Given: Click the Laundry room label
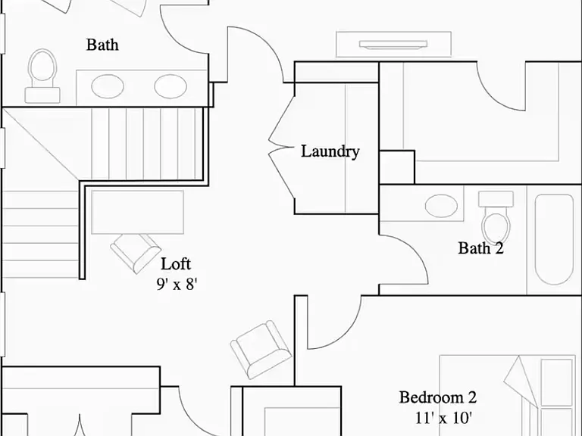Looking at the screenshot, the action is [x=330, y=151].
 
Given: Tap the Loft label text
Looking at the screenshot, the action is [x=176, y=264].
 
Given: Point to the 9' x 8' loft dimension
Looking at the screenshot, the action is [x=177, y=285].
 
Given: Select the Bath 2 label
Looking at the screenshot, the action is [x=480, y=248].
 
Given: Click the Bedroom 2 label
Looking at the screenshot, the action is [x=437, y=397].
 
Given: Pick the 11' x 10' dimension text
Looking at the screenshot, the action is [x=443, y=418].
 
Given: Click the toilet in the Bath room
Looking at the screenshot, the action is [x=42, y=76].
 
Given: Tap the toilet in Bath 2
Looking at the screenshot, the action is [x=496, y=218].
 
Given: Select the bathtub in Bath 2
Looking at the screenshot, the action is [x=554, y=239].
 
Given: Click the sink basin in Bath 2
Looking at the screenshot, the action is [x=441, y=206].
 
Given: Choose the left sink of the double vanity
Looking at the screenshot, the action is [x=108, y=86].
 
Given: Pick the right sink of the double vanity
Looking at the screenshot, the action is [x=171, y=86].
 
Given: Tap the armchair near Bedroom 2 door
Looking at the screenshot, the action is [x=261, y=349].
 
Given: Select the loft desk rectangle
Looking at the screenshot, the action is [x=138, y=212].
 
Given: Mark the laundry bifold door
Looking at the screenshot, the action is [x=282, y=147].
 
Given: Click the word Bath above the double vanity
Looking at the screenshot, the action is [x=102, y=45].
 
